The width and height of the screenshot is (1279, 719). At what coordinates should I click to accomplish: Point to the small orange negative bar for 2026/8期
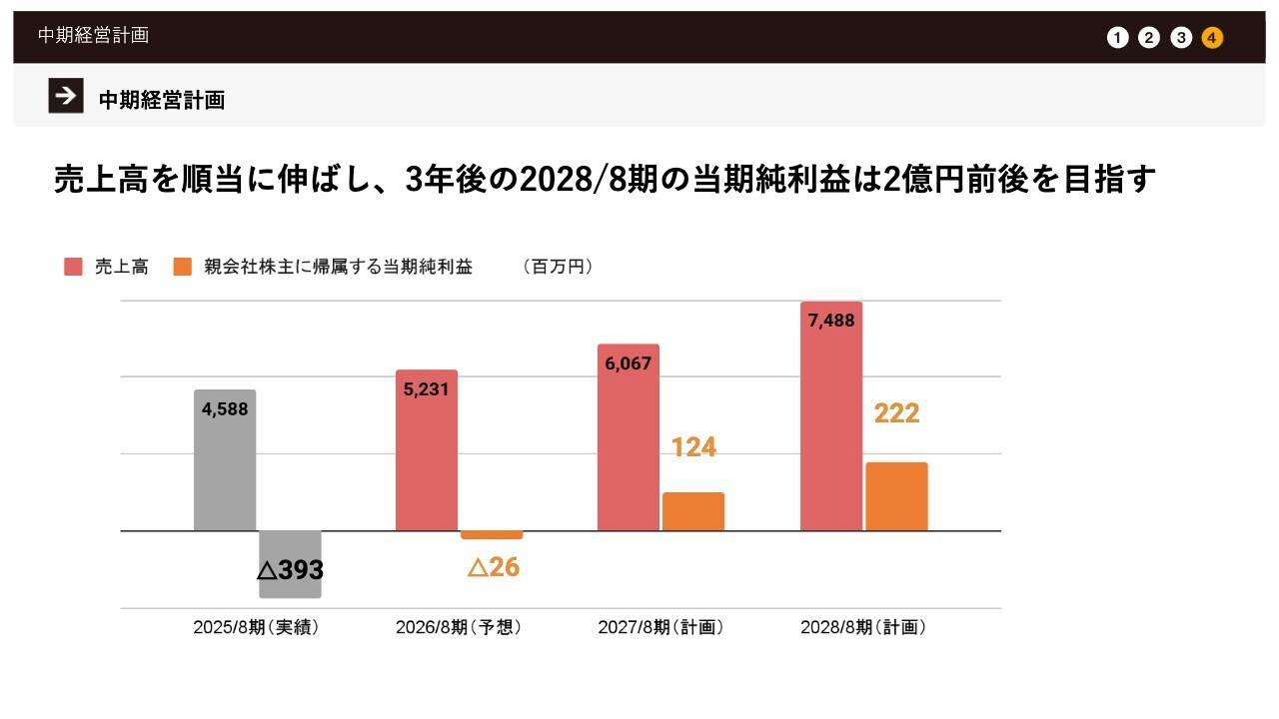click(492, 535)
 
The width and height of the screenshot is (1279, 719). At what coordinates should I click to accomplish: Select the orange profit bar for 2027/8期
click(693, 511)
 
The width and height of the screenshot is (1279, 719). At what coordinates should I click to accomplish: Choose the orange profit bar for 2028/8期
click(896, 496)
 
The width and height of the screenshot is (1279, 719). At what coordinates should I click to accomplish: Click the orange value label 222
click(896, 413)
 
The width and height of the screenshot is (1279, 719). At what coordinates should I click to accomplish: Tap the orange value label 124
click(693, 447)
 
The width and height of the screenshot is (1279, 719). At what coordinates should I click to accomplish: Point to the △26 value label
click(494, 567)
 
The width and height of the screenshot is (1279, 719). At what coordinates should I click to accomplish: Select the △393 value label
click(290, 570)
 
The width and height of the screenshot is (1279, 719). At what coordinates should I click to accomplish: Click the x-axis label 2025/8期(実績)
click(256, 628)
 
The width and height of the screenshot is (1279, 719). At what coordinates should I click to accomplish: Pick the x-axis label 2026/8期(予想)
click(459, 628)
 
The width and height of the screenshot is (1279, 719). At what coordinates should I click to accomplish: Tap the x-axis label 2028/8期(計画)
click(863, 628)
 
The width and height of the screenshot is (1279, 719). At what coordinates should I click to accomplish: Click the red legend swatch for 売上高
click(73, 267)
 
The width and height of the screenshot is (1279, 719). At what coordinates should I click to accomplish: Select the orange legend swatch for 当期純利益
click(182, 267)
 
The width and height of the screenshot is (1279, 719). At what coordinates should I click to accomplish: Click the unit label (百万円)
click(558, 267)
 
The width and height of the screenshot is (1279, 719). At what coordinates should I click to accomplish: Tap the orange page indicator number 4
click(1212, 38)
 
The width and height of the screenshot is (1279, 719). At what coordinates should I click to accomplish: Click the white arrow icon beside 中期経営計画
click(66, 96)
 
